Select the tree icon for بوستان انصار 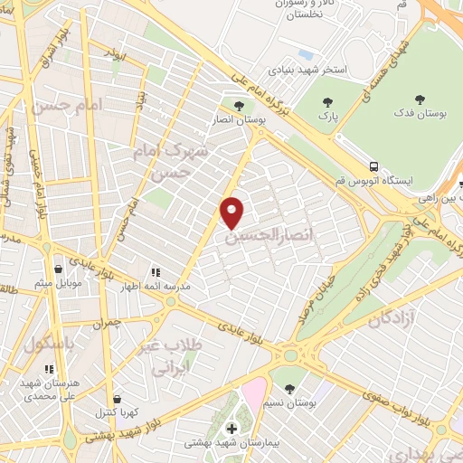[x=239, y=104]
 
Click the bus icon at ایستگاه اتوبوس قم [x=373, y=166]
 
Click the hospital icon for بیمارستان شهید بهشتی [x=231, y=427]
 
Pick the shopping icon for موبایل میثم [x=59, y=269]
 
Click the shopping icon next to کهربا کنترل [x=117, y=398]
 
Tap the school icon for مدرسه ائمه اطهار [x=155, y=270]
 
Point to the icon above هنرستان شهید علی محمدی [x=49, y=369]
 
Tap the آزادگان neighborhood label [x=392, y=317]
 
